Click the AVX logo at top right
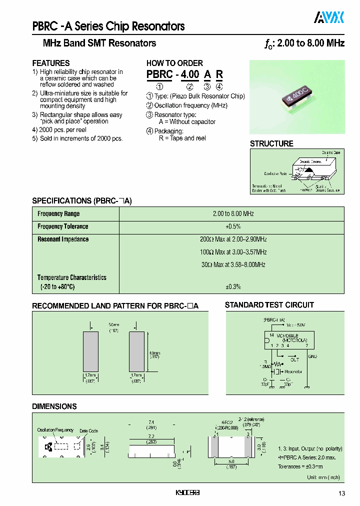point(329,18)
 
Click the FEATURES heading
point(51,63)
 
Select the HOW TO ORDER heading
point(174,63)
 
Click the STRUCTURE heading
point(271,143)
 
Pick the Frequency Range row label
point(58,214)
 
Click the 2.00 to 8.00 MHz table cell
point(233,214)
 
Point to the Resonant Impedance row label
point(63,239)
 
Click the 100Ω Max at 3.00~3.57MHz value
point(233,252)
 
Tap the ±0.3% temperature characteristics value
point(233,286)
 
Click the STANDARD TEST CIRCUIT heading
point(269,305)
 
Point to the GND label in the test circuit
point(312,356)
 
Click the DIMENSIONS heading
point(54,406)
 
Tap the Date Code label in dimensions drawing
point(89,431)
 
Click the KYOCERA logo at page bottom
point(187,493)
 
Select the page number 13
point(341,494)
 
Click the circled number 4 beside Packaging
point(149,131)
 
